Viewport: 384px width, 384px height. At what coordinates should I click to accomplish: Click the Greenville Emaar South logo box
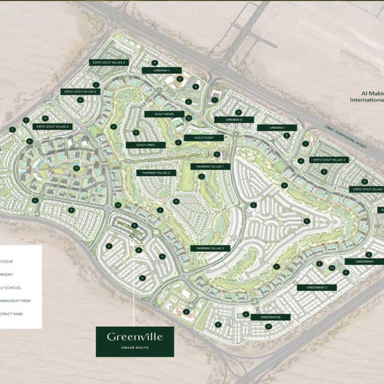pyautogui.click(x=135, y=341)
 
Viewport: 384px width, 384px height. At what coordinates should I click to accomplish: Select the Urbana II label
pyautogui.click(x=161, y=70)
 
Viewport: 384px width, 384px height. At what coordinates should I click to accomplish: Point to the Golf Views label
pyautogui.click(x=164, y=114)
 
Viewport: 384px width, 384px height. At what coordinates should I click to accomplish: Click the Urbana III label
pyautogui.click(x=234, y=120)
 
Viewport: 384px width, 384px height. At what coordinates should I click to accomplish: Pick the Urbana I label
pyautogui.click(x=277, y=128)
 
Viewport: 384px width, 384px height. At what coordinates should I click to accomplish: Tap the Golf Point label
pyautogui.click(x=204, y=138)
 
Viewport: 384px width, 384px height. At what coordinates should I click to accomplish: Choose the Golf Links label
pyautogui.click(x=145, y=145)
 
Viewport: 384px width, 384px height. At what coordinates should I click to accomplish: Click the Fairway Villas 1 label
pyautogui.click(x=210, y=166)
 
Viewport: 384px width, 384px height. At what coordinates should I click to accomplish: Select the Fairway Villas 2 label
pyautogui.click(x=156, y=173)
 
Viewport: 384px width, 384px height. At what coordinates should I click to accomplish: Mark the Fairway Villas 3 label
pyautogui.click(x=210, y=248)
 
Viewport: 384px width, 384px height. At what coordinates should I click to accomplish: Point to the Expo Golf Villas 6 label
pyautogui.click(x=53, y=127)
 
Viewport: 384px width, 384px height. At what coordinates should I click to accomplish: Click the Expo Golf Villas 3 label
pyautogui.click(x=329, y=160)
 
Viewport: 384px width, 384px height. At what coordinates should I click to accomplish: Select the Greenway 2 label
pyautogui.click(x=317, y=287)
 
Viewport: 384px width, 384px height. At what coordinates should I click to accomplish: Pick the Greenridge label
pyautogui.click(x=270, y=317)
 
